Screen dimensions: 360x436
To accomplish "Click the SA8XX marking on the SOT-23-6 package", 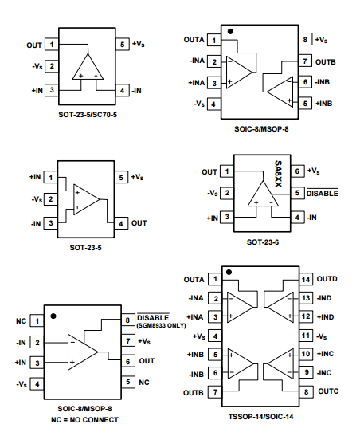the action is (278, 174).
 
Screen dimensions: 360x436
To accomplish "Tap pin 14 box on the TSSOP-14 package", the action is (306, 279).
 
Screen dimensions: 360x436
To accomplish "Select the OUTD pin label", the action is (327, 279).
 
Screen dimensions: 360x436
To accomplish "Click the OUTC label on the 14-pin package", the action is (328, 391).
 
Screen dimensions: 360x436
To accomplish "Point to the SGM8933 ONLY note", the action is (161, 325).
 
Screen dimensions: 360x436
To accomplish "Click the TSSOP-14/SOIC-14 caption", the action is (260, 417).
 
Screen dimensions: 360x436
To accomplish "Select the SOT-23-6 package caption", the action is (263, 242).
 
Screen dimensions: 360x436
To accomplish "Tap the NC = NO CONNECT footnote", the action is (84, 420).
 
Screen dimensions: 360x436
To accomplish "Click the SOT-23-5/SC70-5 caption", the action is (88, 115).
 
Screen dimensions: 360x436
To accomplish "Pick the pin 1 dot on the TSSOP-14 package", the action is (229, 273).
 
